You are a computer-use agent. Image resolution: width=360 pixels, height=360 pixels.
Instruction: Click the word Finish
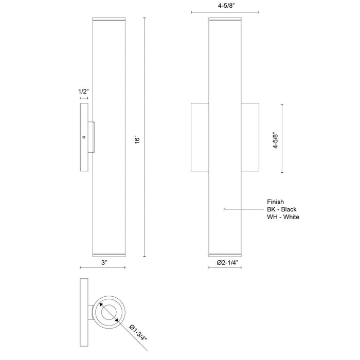coord(275,202)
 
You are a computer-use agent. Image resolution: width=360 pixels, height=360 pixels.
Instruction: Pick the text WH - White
coord(283,217)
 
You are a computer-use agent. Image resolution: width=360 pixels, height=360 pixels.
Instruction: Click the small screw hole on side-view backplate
coord(84,137)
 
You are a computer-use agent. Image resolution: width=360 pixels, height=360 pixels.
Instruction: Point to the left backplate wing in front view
coord(200,137)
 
